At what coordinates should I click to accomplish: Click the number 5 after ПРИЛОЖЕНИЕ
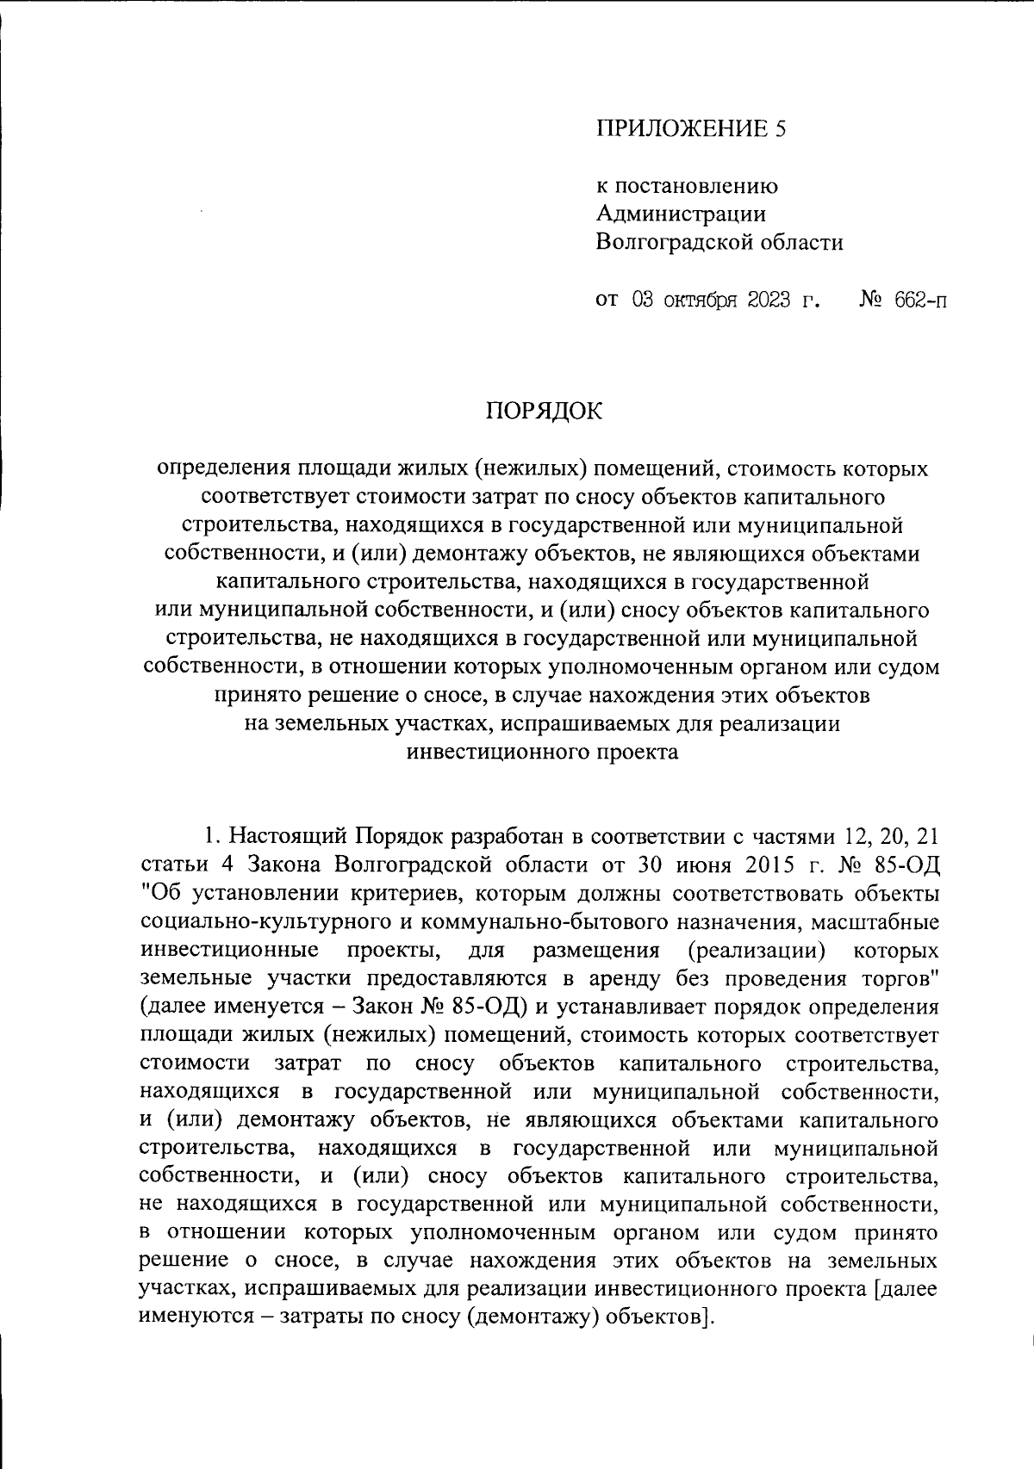[x=781, y=130]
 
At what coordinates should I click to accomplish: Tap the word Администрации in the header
[x=681, y=214]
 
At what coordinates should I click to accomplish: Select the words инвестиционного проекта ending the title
[x=542, y=752]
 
